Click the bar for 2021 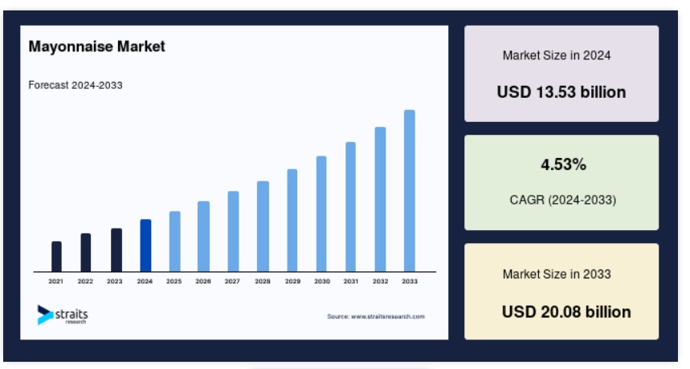[56, 257]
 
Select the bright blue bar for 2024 [145, 245]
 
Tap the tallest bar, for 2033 [409, 191]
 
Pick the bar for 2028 [263, 226]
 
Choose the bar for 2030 [321, 214]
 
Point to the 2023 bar [116, 250]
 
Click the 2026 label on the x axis [203, 281]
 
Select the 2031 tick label [351, 281]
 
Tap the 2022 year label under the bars [85, 281]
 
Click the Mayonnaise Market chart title [97, 47]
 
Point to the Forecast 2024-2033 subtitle [76, 85]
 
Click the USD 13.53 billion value [561, 92]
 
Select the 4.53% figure [563, 164]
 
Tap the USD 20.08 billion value [566, 312]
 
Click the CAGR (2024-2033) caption [563, 200]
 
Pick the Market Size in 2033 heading [557, 274]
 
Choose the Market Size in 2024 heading [557, 55]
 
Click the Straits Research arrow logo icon [45, 315]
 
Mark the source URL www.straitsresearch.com [388, 316]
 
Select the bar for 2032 [380, 200]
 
